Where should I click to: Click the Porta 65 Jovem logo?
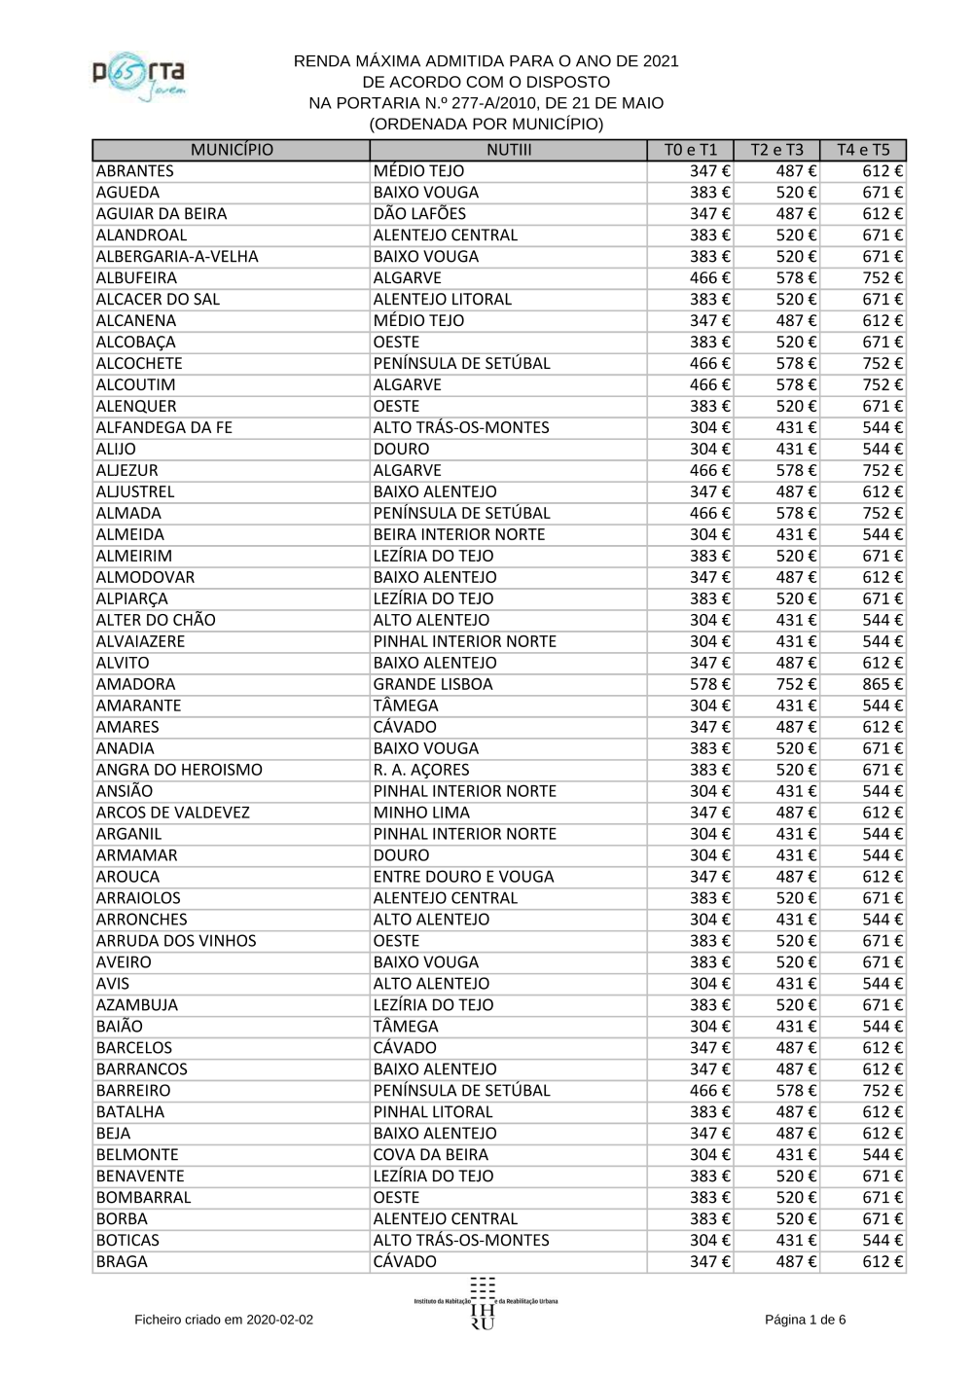139,77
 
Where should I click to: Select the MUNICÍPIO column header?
232,150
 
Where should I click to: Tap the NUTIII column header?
509,150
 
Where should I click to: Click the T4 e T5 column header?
863,150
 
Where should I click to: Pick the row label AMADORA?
135,684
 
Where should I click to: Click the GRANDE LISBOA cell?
433,684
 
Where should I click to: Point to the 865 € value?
882,684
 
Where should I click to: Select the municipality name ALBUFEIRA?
136,278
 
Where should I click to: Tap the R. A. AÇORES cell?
421,770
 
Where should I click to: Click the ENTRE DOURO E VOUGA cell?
463,877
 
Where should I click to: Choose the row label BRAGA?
122,1262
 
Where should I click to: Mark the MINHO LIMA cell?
421,813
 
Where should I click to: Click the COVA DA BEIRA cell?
431,1155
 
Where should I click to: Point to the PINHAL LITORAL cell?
433,1112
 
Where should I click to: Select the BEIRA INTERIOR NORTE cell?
459,534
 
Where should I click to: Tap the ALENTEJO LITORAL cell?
443,300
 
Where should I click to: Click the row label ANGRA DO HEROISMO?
179,770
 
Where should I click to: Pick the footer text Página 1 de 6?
805,1320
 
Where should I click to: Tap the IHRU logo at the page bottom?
484,1304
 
